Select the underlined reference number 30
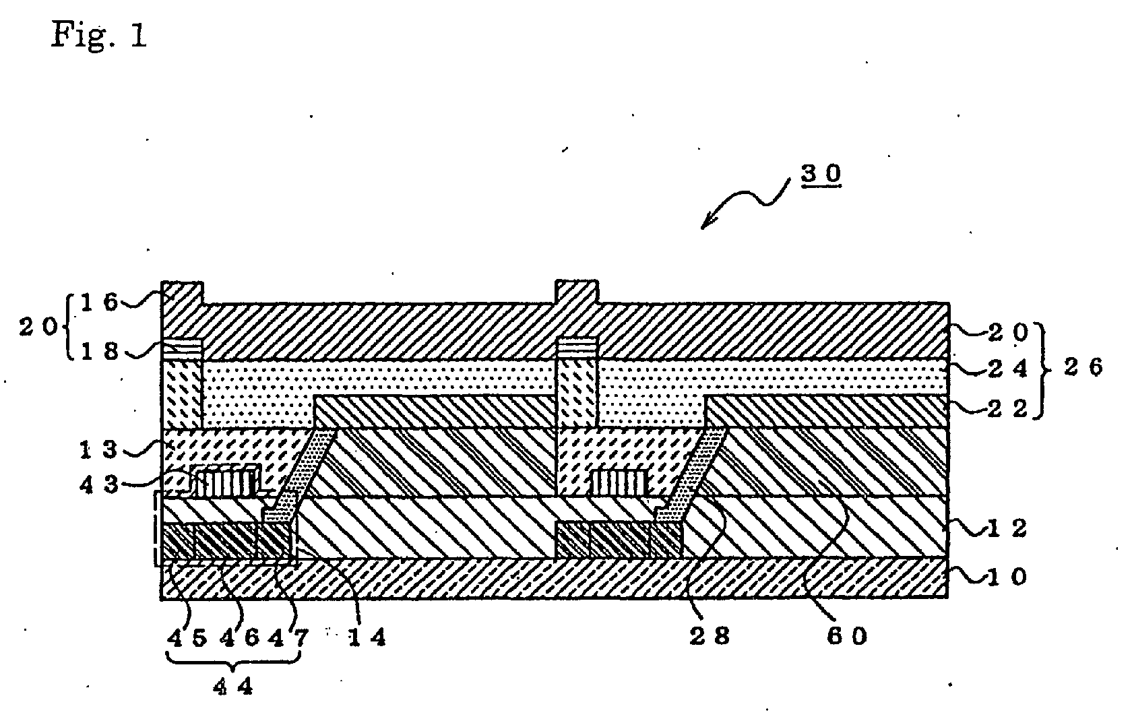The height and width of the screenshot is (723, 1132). [x=821, y=174]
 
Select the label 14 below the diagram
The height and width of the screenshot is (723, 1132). [x=367, y=637]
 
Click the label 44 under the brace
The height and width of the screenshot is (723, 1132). [x=232, y=688]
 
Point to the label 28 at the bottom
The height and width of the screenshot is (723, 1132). [x=710, y=636]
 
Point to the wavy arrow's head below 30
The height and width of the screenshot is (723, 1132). [x=703, y=226]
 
